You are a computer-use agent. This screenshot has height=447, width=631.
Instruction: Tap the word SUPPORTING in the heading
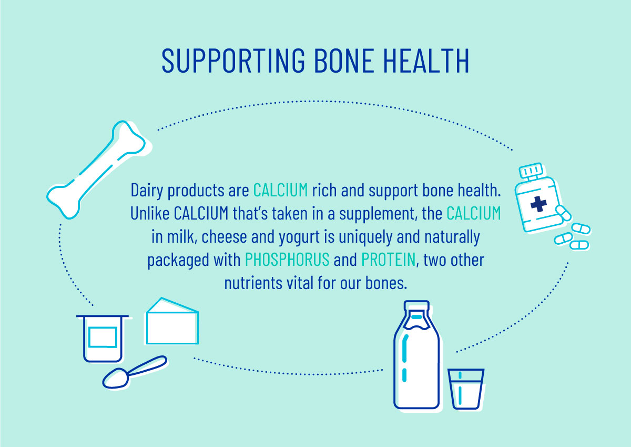click(233, 61)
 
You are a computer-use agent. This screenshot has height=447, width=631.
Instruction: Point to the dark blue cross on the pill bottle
click(538, 204)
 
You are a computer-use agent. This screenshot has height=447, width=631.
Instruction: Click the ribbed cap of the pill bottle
click(531, 171)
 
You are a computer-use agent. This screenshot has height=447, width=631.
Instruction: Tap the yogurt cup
click(103, 339)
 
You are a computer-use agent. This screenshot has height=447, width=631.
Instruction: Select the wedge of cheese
click(172, 321)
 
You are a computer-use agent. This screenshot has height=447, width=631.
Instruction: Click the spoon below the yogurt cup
click(135, 372)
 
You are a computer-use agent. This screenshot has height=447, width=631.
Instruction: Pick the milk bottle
click(416, 355)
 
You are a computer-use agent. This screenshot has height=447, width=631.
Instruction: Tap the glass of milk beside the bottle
click(466, 389)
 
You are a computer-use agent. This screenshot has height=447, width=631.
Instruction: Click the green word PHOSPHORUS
click(287, 260)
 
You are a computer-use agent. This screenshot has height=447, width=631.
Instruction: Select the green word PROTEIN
click(389, 260)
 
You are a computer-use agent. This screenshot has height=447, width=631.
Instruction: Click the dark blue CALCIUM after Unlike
click(201, 213)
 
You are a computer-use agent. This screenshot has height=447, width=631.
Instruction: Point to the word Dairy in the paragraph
click(147, 191)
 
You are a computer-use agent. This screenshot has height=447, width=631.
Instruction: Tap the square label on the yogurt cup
click(103, 337)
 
